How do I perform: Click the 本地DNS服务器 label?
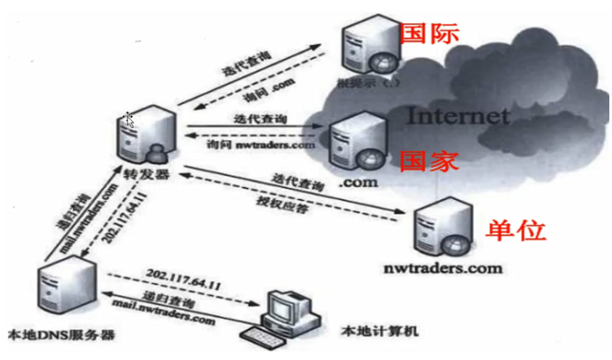[62, 335]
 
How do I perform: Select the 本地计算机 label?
[380, 332]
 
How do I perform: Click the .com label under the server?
[358, 182]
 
